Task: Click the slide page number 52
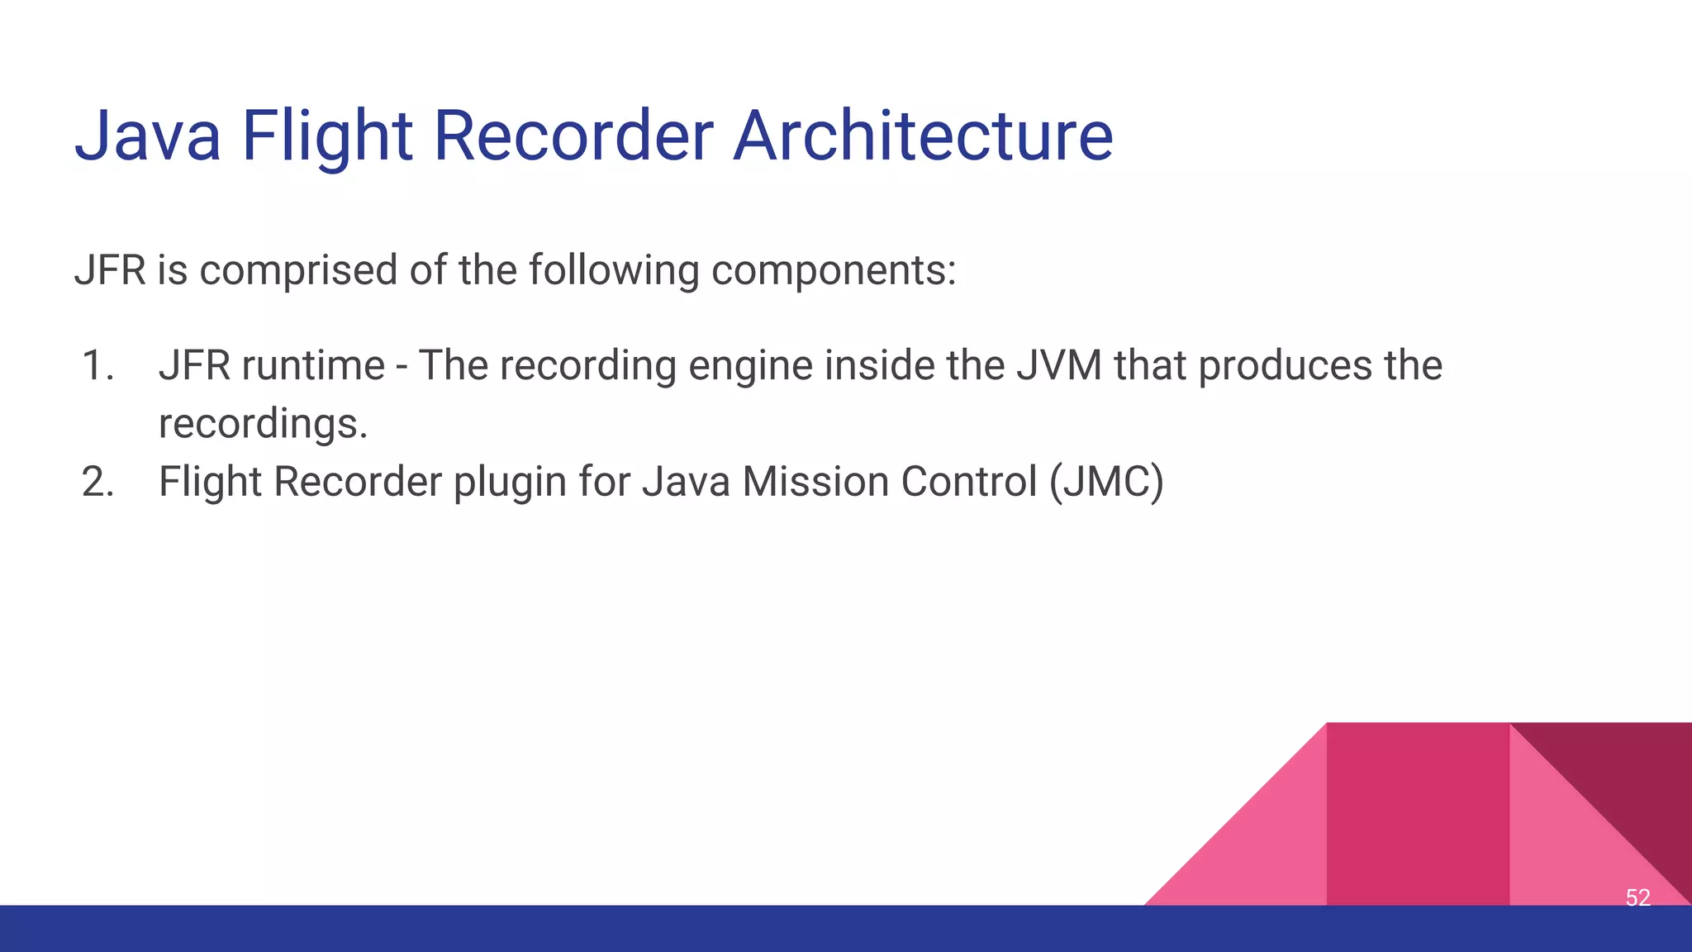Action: (1637, 897)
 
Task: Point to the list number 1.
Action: (97, 365)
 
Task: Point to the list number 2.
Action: (97, 482)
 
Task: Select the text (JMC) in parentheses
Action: (1106, 482)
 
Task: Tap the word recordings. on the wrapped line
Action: (263, 424)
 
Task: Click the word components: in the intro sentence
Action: (833, 270)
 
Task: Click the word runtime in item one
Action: (313, 365)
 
